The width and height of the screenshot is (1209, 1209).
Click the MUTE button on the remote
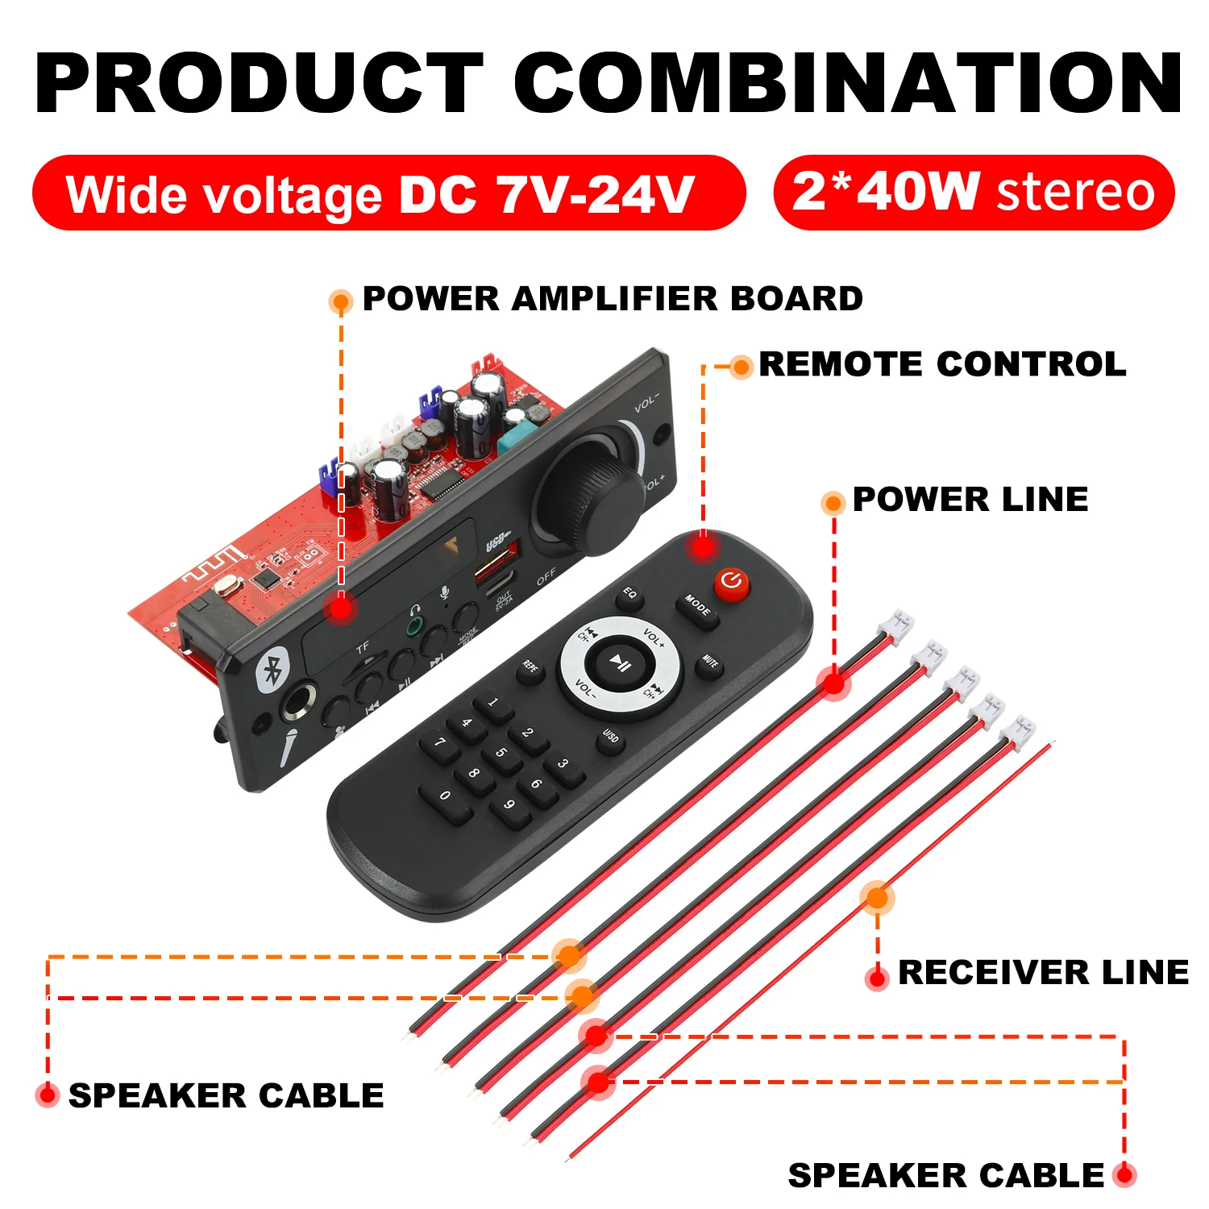[x=710, y=663]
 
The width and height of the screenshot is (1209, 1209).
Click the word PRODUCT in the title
[x=258, y=84]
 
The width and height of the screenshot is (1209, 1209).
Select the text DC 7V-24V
[x=546, y=195]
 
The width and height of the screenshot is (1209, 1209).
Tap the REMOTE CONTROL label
[x=941, y=364]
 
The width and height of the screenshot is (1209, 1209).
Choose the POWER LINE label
[x=970, y=500]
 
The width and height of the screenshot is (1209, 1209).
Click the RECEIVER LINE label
[x=1043, y=972]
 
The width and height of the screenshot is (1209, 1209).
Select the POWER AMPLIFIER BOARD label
[x=613, y=299]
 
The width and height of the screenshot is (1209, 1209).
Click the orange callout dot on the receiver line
[x=877, y=897]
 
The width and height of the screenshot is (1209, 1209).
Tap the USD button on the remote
[x=611, y=737]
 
